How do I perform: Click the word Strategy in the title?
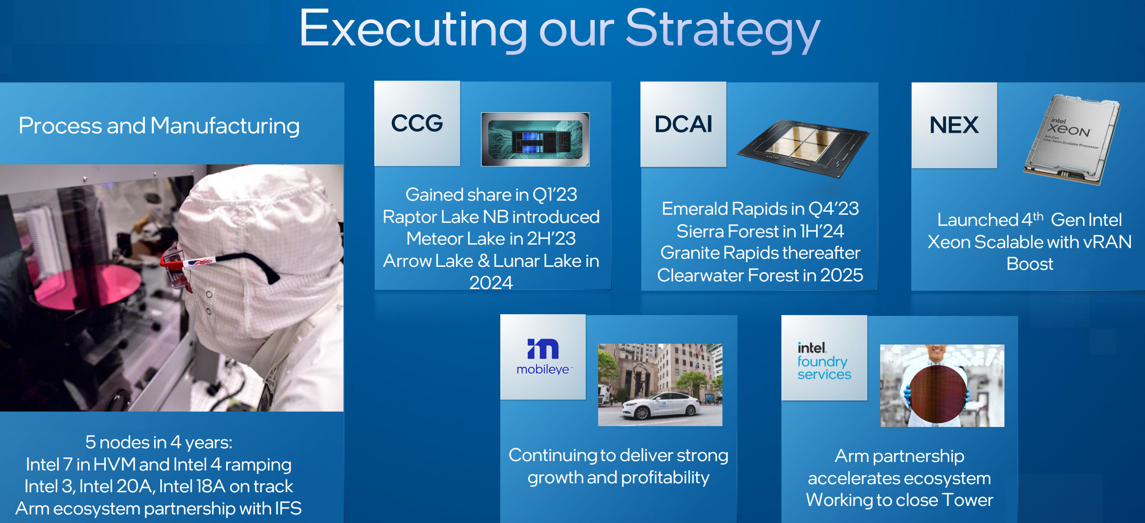(723, 30)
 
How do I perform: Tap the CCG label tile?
(417, 123)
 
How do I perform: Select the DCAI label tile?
(683, 124)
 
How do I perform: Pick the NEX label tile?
(954, 126)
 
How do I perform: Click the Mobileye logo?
(543, 357)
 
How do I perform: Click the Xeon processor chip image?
(1071, 140)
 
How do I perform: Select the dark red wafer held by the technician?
(938, 394)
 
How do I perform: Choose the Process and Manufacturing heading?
(159, 126)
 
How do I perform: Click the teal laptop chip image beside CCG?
(535, 140)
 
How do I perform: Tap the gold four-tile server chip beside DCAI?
(803, 149)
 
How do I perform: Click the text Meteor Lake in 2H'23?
(491, 239)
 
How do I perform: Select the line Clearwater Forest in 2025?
(760, 275)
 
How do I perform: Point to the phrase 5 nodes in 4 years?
(159, 442)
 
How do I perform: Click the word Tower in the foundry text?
(967, 500)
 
